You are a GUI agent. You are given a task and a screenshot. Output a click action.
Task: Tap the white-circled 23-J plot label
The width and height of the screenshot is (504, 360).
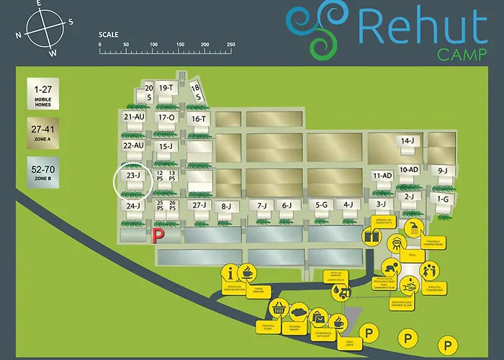[x=132, y=175]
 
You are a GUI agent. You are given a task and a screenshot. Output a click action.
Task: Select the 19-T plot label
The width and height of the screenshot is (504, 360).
[x=166, y=88]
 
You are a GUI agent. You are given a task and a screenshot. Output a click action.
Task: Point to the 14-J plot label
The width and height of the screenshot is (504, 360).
[x=408, y=141]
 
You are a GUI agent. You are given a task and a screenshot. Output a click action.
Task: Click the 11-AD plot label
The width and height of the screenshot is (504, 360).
[x=382, y=176]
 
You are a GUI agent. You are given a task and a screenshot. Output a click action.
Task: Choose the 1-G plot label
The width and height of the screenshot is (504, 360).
[x=442, y=199]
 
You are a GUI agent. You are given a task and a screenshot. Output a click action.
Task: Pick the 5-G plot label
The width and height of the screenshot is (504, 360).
[x=322, y=205]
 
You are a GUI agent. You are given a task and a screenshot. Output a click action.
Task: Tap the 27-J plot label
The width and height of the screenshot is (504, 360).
[x=199, y=205]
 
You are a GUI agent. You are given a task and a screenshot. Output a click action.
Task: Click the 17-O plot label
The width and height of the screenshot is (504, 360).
[x=166, y=117]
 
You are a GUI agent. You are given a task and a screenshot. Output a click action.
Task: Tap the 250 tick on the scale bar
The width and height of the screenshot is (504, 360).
[x=231, y=45]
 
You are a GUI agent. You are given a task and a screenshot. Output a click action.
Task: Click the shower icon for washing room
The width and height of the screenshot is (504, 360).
[x=414, y=229]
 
